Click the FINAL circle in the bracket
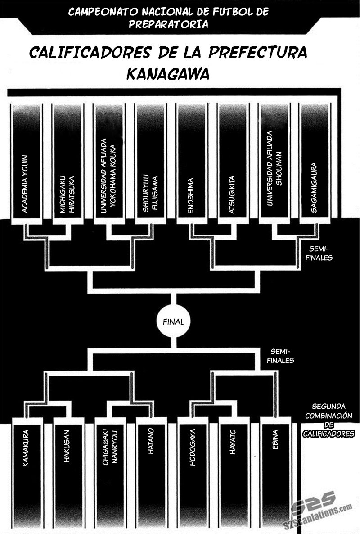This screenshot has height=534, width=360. click(172, 322)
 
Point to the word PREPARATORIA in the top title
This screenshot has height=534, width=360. click(168, 24)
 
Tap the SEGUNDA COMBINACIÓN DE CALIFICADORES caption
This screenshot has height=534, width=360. click(328, 419)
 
